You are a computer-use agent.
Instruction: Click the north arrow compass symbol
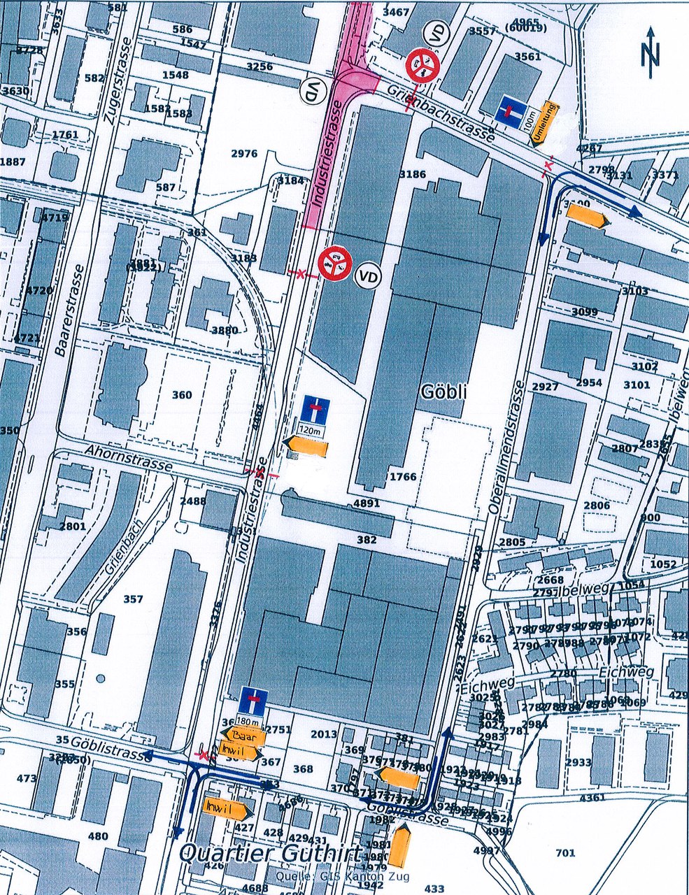coord(651,53)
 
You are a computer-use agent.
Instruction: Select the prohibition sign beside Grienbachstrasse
coord(422,66)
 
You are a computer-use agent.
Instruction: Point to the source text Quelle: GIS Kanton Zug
coord(343,876)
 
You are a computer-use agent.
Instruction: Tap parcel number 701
coord(565,852)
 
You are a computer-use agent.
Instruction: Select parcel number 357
coord(132,599)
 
